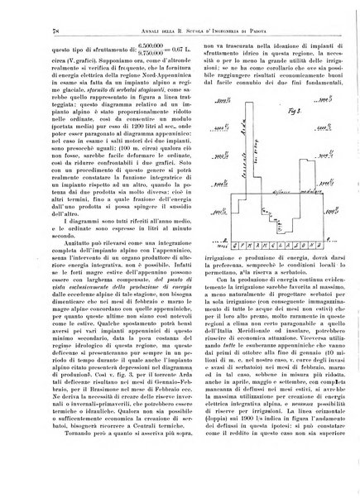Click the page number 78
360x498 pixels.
click(x=33, y=31)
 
